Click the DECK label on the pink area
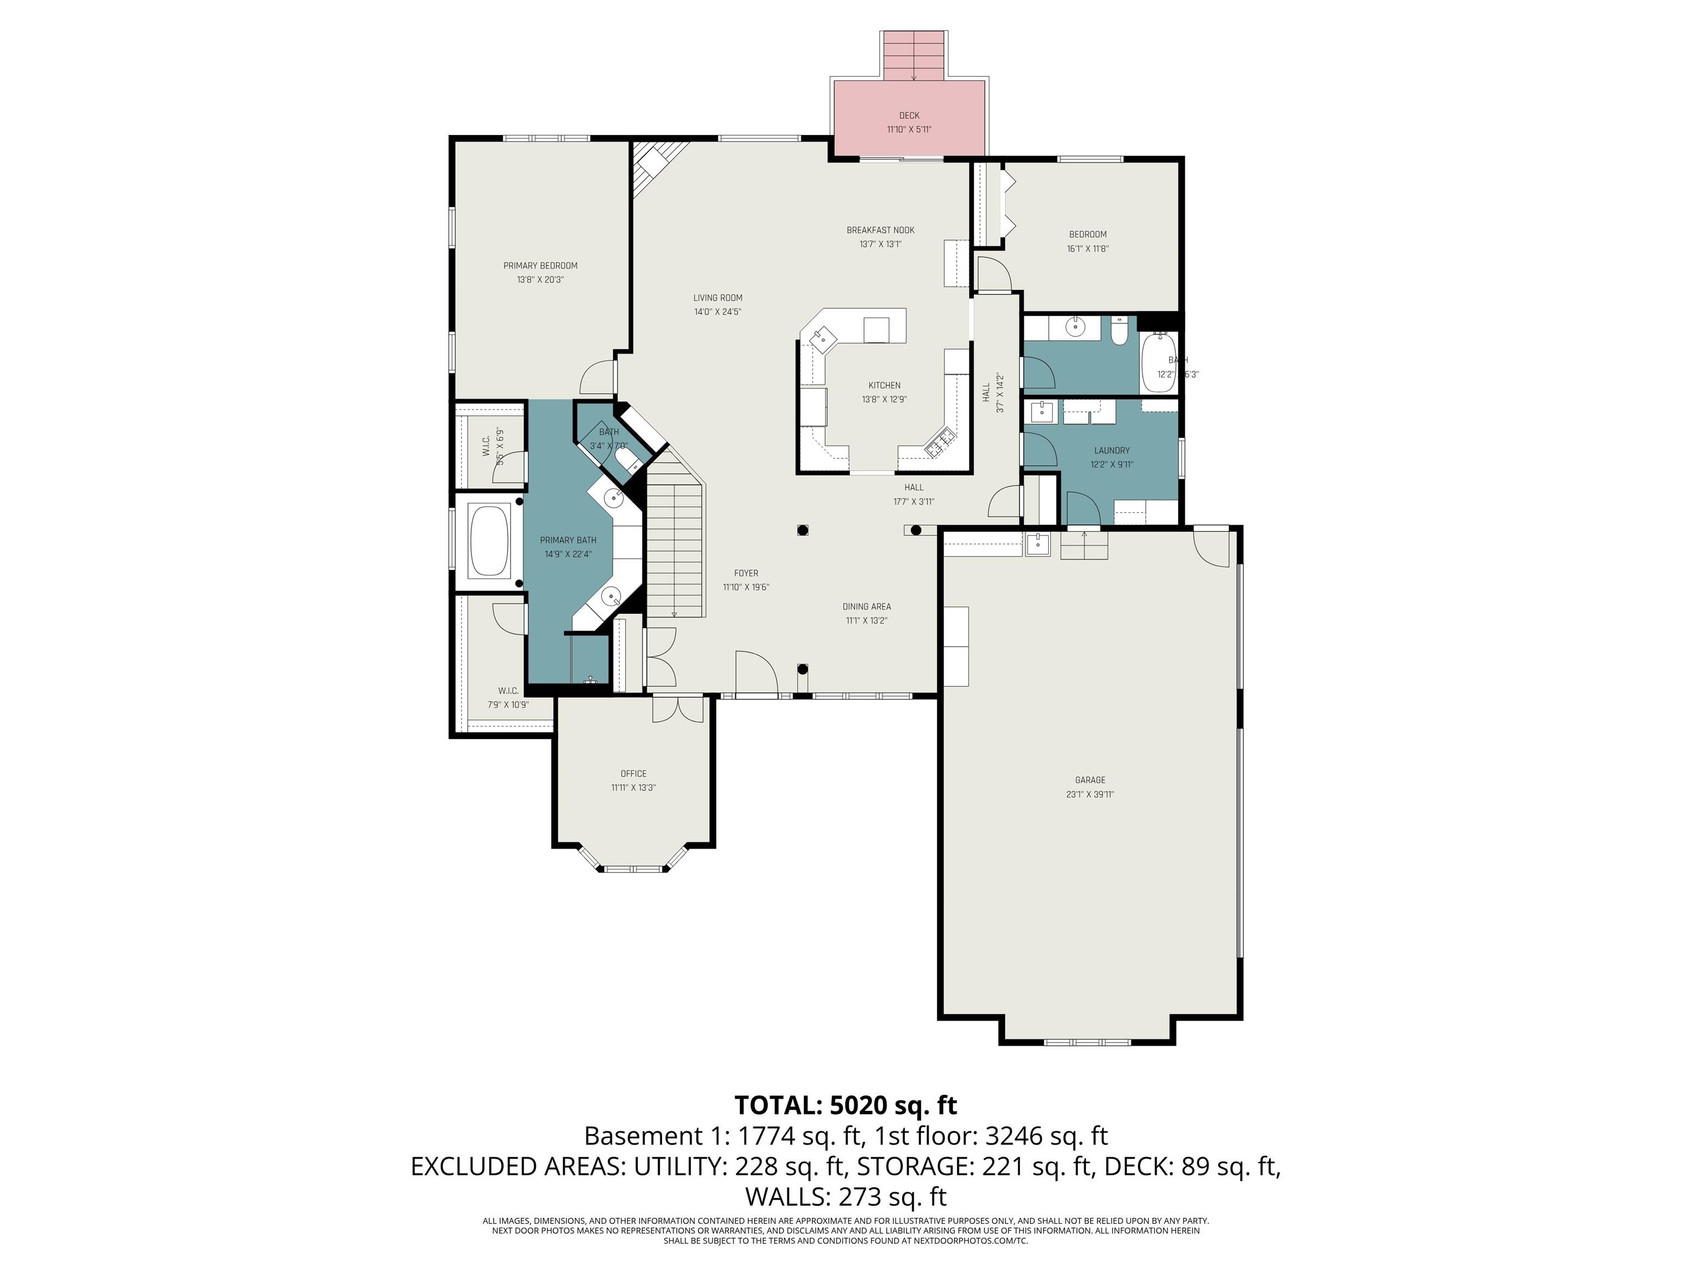coord(909,116)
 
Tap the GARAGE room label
coord(1089,780)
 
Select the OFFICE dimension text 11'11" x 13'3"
coord(633,788)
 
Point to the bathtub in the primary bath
coord(490,541)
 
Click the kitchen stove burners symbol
coord(941,443)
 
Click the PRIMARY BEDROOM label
coord(540,265)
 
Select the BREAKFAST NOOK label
coord(880,230)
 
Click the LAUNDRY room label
coord(1111,451)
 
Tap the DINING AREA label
coord(866,606)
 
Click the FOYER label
coord(746,573)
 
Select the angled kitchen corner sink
coord(824,337)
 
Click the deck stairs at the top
coord(914,55)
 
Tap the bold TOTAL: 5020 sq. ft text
coord(845,1105)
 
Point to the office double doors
coord(677,709)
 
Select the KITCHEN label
coord(884,386)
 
